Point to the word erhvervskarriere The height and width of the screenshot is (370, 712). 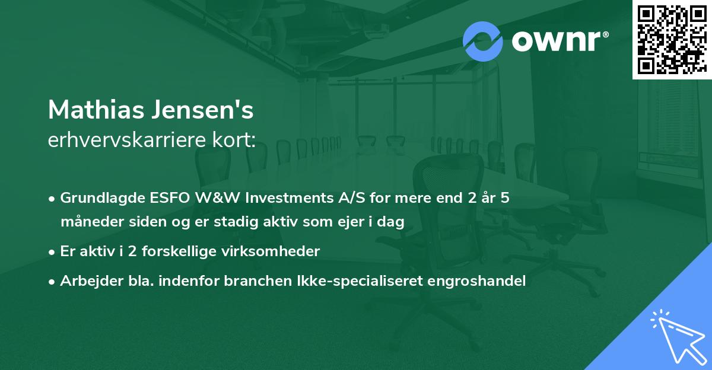pos(121,140)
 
